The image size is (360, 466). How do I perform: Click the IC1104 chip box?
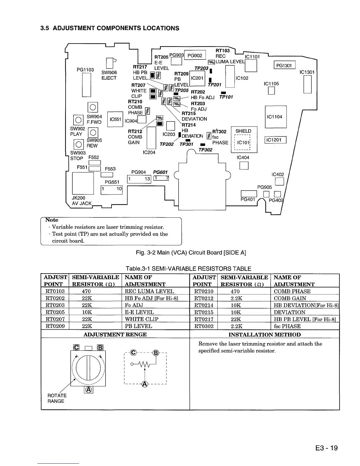[276, 117]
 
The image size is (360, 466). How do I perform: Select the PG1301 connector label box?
[284, 65]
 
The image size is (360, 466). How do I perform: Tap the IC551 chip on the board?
[115, 119]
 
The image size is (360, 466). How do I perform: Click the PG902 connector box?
[195, 56]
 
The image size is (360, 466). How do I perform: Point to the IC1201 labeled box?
[276, 140]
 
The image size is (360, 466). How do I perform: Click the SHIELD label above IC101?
[243, 131]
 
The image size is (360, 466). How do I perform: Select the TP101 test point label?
[226, 97]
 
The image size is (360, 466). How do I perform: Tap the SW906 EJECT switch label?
[109, 75]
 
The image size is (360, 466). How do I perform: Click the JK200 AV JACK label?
[81, 201]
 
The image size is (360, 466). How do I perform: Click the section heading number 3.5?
[44, 28]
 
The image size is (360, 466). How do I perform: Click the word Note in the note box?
[52, 220]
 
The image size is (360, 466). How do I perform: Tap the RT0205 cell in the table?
[55, 312]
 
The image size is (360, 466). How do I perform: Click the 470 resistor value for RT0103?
[86, 291]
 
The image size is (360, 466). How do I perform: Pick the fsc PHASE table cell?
[287, 326]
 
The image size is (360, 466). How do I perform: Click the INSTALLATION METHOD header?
[264, 334]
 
